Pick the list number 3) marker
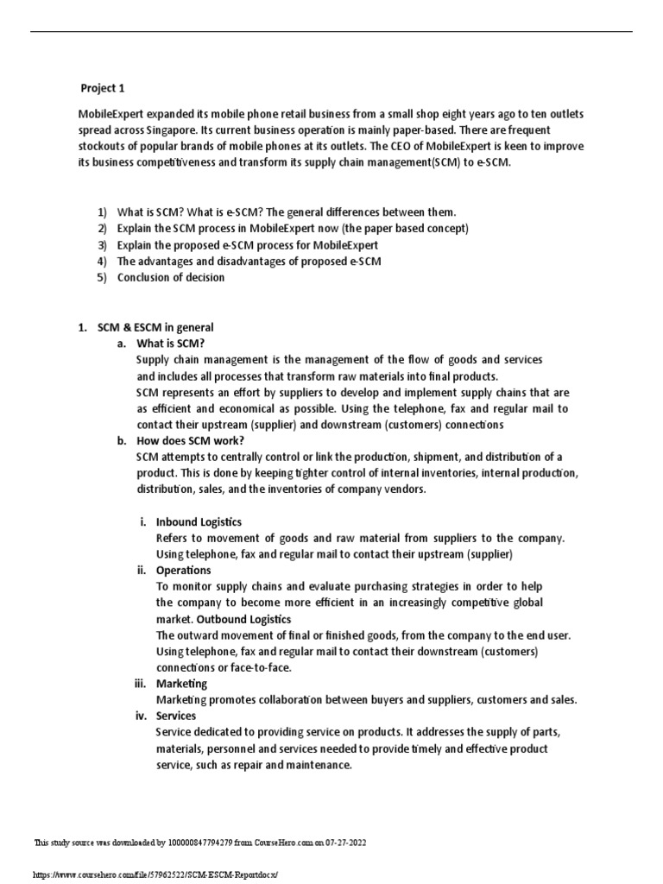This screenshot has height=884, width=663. pos(102,244)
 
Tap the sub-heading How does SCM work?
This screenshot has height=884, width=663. pos(182,440)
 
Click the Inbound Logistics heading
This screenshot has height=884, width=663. pos(199,521)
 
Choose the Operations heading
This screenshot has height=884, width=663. pos(183,570)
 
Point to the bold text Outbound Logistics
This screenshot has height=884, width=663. pos(244,619)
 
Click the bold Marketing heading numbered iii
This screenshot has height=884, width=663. pos(181,684)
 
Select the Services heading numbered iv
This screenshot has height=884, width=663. pos(176,716)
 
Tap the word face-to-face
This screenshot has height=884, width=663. pos(262,667)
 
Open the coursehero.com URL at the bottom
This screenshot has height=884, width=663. pos(155,874)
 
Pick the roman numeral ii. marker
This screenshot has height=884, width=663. pos(142,570)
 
